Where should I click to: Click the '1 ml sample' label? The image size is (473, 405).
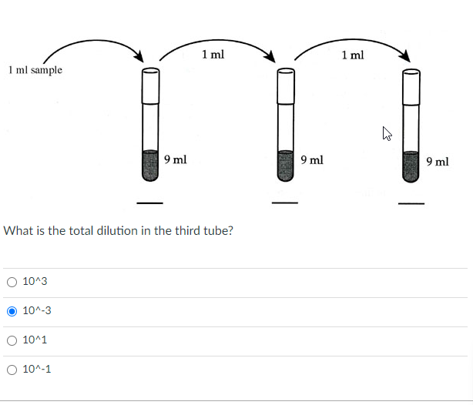(35, 70)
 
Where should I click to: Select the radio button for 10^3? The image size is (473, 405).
(12, 283)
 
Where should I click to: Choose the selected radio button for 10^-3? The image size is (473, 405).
(12, 311)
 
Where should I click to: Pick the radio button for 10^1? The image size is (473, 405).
(12, 340)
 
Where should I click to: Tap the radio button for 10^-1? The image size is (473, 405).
(12, 370)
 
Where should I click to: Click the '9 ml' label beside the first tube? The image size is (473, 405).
(175, 160)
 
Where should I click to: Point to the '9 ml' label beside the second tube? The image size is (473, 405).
(312, 160)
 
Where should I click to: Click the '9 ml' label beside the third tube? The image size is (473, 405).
(437, 161)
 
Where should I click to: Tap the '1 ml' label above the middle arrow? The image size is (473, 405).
(213, 55)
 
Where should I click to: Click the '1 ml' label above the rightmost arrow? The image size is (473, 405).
(353, 55)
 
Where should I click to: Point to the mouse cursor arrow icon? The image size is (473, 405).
(387, 136)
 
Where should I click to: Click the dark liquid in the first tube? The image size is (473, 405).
(150, 165)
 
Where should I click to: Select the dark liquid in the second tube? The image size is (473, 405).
(286, 165)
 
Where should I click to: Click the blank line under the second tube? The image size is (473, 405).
(286, 203)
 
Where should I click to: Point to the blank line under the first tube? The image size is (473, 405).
(149, 203)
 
